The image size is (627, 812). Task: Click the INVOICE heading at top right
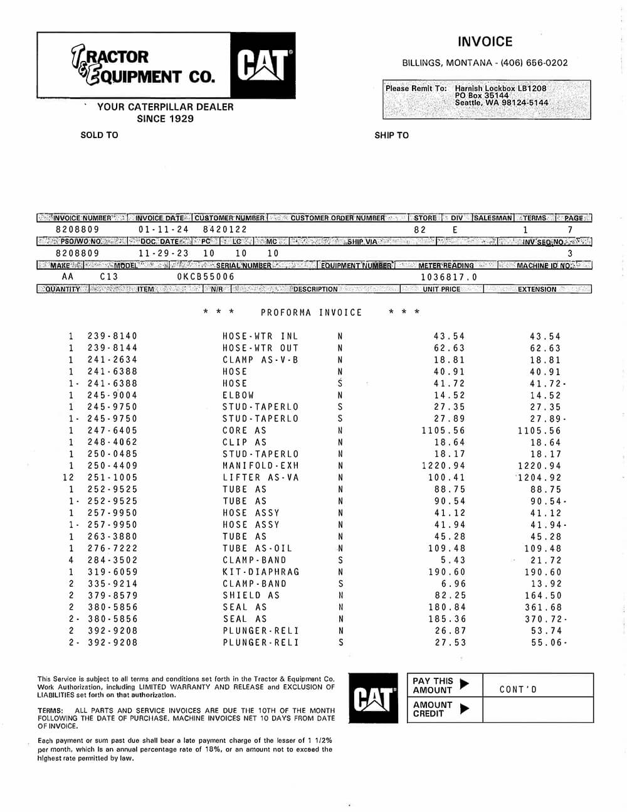coord(485,42)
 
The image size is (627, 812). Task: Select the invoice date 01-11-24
coord(163,230)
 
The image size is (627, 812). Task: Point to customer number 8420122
coord(225,230)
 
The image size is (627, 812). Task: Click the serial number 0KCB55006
coord(206,277)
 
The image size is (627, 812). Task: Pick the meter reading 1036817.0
coord(448,277)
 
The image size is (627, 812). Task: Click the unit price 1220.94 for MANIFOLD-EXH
coord(443,466)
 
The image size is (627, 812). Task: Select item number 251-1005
coord(112,478)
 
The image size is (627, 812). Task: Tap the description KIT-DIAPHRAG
coord(261,572)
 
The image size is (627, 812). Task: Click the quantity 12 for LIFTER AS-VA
coord(69,478)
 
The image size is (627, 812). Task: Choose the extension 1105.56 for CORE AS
coord(539,430)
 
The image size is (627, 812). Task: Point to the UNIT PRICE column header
coord(441,289)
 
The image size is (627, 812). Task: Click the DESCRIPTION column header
coord(315,289)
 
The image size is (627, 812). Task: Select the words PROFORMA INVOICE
coord(311,313)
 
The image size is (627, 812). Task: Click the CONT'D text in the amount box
coord(518,690)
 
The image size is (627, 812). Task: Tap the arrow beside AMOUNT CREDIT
coord(464,709)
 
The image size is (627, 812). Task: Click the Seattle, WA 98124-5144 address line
coord(501,103)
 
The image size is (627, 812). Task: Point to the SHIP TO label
coord(391,135)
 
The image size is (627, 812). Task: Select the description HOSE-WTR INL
coord(260,336)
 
